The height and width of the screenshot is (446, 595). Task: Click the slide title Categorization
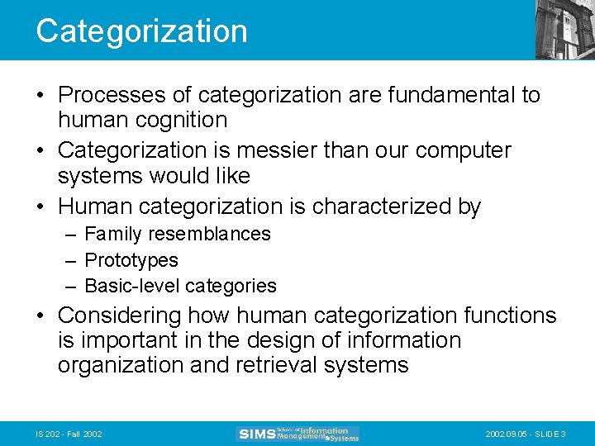(141, 31)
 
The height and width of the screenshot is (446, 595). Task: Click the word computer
(463, 151)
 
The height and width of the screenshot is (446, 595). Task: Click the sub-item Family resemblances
(177, 235)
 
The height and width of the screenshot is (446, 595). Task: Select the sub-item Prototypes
(131, 260)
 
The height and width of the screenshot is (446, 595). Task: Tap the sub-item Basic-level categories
(180, 287)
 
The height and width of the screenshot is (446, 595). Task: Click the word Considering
(120, 316)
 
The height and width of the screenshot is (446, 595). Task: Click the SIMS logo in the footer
(297, 434)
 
